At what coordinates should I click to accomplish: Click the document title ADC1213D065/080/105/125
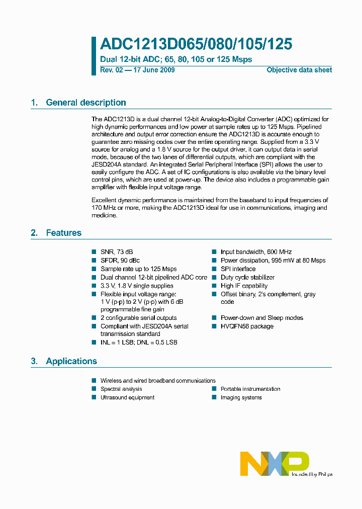tap(196, 44)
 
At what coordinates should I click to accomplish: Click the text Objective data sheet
tap(299, 70)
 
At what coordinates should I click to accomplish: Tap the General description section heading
tap(85, 103)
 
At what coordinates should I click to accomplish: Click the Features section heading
tap(63, 233)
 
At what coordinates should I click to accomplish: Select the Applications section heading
tap(71, 361)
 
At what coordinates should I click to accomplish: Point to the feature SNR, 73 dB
tap(117, 251)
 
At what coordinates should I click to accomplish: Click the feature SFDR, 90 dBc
tap(120, 260)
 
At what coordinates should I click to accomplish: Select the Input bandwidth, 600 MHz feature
tap(256, 251)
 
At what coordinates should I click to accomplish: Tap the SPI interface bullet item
tap(238, 269)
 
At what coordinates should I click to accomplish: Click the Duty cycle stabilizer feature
tap(247, 277)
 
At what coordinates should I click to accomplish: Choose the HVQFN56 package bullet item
tap(247, 326)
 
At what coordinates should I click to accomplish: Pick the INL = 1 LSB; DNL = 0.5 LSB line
tap(139, 342)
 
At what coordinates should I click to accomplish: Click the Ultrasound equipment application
tap(127, 397)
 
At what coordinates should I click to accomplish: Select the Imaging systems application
tap(241, 397)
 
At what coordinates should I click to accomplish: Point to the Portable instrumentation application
tap(250, 389)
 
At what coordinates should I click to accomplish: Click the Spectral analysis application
tap(121, 389)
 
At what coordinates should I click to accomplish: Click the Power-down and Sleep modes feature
tap(261, 318)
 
